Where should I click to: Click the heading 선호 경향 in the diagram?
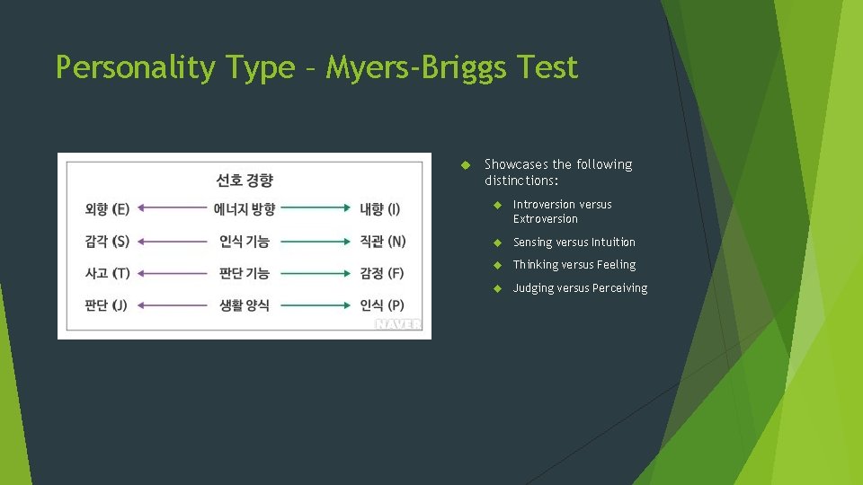pos(245,180)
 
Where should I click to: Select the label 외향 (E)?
pos(107,209)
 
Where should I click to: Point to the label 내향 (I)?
pos(380,209)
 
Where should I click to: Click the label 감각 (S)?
pos(107,241)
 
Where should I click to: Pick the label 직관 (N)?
pos(383,241)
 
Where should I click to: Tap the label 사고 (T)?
pos(107,273)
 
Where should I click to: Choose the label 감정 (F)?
pos(382,273)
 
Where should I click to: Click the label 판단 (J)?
pos(106,305)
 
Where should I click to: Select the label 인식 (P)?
pos(382,305)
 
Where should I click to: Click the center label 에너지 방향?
pos(245,209)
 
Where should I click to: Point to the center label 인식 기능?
pos(245,241)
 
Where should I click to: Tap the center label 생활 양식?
pos(245,305)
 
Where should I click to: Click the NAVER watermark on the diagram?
pos(397,324)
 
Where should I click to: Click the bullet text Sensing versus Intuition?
pos(574,242)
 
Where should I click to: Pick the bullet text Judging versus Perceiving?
pos(580,287)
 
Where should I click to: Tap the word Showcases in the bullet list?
pos(516,164)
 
